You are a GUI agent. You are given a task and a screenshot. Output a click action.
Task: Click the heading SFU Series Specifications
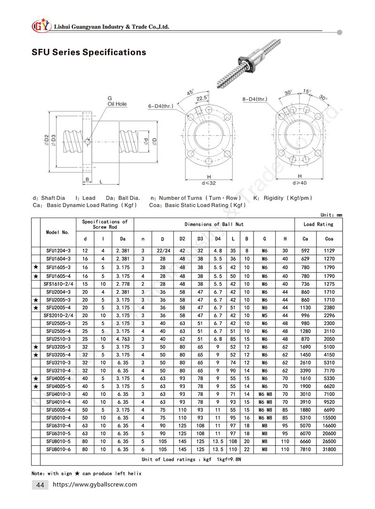click(x=89, y=52)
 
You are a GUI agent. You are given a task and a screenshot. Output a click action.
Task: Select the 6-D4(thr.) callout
click(x=159, y=106)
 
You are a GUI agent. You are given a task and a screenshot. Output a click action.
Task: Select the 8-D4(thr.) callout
click(x=255, y=99)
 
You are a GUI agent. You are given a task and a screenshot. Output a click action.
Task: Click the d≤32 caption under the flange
click(x=209, y=182)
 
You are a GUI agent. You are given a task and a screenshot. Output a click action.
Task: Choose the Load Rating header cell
click(x=318, y=224)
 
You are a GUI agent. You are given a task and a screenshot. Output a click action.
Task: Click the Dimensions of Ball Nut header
click(x=214, y=224)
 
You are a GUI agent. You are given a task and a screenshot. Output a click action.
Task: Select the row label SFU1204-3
click(x=58, y=251)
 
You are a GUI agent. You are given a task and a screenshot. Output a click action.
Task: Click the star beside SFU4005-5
click(x=36, y=386)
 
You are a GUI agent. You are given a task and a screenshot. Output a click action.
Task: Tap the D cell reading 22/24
click(x=162, y=251)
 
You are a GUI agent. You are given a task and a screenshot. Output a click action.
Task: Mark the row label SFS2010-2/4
click(x=58, y=315)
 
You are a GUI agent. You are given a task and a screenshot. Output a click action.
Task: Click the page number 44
click(x=40, y=485)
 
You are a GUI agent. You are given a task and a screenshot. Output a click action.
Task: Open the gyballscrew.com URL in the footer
click(x=95, y=485)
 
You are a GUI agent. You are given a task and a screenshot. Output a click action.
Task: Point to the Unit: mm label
click(x=331, y=215)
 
